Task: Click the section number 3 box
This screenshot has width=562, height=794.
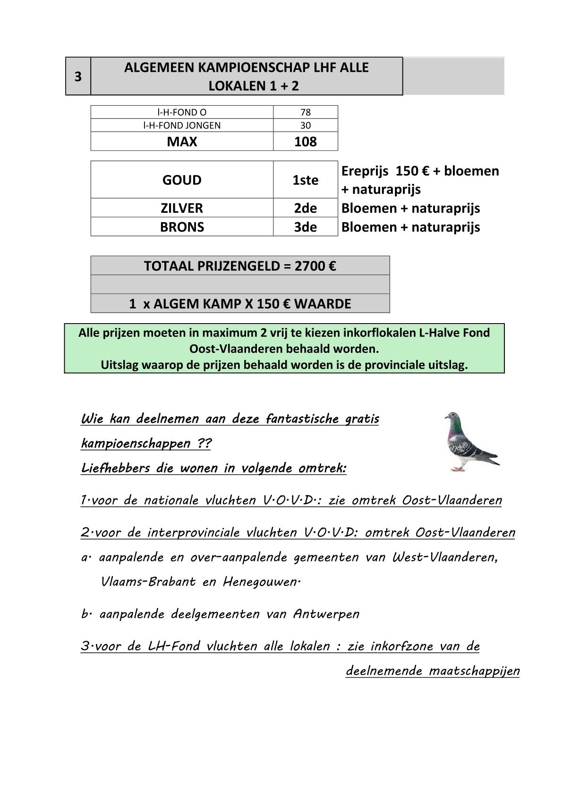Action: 78,76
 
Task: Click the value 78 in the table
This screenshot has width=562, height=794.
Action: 305,112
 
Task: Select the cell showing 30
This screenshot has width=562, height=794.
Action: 305,125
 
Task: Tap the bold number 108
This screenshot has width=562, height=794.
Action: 305,142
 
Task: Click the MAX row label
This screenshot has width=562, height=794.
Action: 182,142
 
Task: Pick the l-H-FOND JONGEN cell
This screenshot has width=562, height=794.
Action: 182,125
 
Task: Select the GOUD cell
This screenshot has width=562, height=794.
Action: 182,180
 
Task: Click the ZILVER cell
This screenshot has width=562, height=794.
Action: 182,208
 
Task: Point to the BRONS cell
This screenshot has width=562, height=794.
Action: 182,227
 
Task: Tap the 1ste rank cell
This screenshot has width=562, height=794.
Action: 305,180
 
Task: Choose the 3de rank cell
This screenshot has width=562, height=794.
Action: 305,227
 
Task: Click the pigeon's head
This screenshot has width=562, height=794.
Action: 453,418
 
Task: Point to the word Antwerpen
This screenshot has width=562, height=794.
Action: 326,614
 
